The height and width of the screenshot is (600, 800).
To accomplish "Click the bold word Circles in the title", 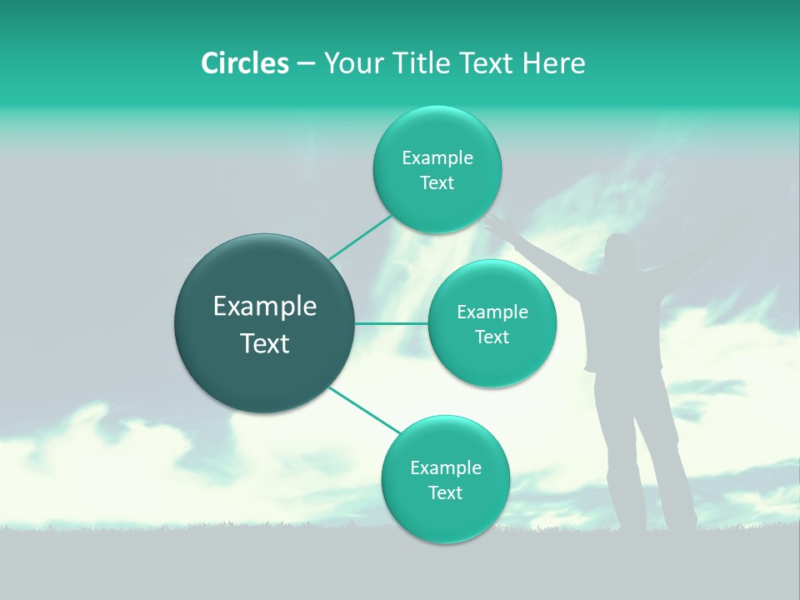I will coord(244,63).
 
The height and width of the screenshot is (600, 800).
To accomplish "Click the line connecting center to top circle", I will coord(361,237).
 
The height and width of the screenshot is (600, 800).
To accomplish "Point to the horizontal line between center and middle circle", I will coord(392,323).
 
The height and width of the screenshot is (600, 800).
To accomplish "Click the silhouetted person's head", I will coord(620,252).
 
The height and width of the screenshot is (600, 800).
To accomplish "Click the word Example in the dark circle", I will coord(264,307).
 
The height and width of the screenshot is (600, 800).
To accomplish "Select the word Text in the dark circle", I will coord(264,343).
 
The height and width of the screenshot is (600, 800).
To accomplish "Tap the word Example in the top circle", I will coord(437,157).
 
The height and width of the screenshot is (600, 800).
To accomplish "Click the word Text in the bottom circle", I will coord(445,492).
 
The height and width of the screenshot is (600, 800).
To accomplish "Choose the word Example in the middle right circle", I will coord(492,312).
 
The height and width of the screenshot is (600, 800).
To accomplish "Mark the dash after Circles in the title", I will coord(305,63).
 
